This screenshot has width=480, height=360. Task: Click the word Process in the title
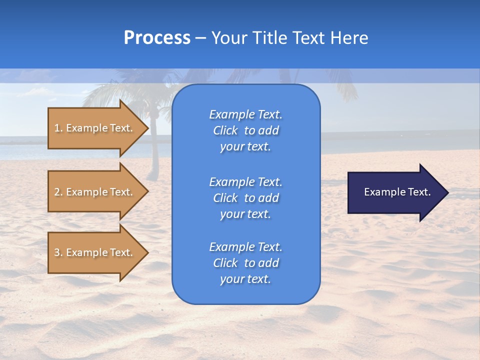(157, 38)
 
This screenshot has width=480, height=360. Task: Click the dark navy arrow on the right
(395, 192)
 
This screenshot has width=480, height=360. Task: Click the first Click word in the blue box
(225, 130)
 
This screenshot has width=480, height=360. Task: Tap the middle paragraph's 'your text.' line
(245, 214)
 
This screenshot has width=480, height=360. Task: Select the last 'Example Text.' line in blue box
(245, 247)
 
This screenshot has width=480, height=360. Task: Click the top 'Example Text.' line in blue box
(245, 114)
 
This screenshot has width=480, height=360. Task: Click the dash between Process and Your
(200, 38)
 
